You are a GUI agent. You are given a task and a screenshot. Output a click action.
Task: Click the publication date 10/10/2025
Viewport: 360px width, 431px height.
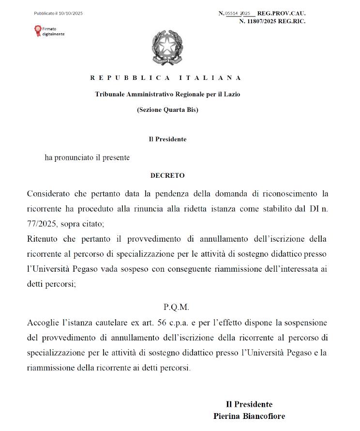point(71,14)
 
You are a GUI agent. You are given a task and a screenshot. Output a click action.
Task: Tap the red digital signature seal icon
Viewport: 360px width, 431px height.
point(37,31)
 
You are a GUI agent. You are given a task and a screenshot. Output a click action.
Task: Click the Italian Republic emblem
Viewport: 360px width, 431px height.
point(167,47)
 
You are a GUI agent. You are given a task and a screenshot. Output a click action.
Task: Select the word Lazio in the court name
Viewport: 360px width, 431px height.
point(231,94)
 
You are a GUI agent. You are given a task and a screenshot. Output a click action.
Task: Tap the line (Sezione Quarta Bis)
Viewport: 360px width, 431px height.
point(167,110)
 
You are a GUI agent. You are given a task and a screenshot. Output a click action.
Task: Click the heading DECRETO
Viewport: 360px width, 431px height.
point(167,175)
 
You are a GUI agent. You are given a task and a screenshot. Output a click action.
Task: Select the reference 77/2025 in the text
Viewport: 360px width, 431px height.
point(41,224)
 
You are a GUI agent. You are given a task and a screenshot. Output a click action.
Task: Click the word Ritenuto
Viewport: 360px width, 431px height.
point(42,239)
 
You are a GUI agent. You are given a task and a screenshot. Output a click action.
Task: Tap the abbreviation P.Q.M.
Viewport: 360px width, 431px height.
point(176,307)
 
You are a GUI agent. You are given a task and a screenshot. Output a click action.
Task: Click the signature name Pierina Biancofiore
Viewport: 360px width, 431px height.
point(249,416)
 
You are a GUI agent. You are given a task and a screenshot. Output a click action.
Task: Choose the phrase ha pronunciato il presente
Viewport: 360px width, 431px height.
point(87,157)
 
